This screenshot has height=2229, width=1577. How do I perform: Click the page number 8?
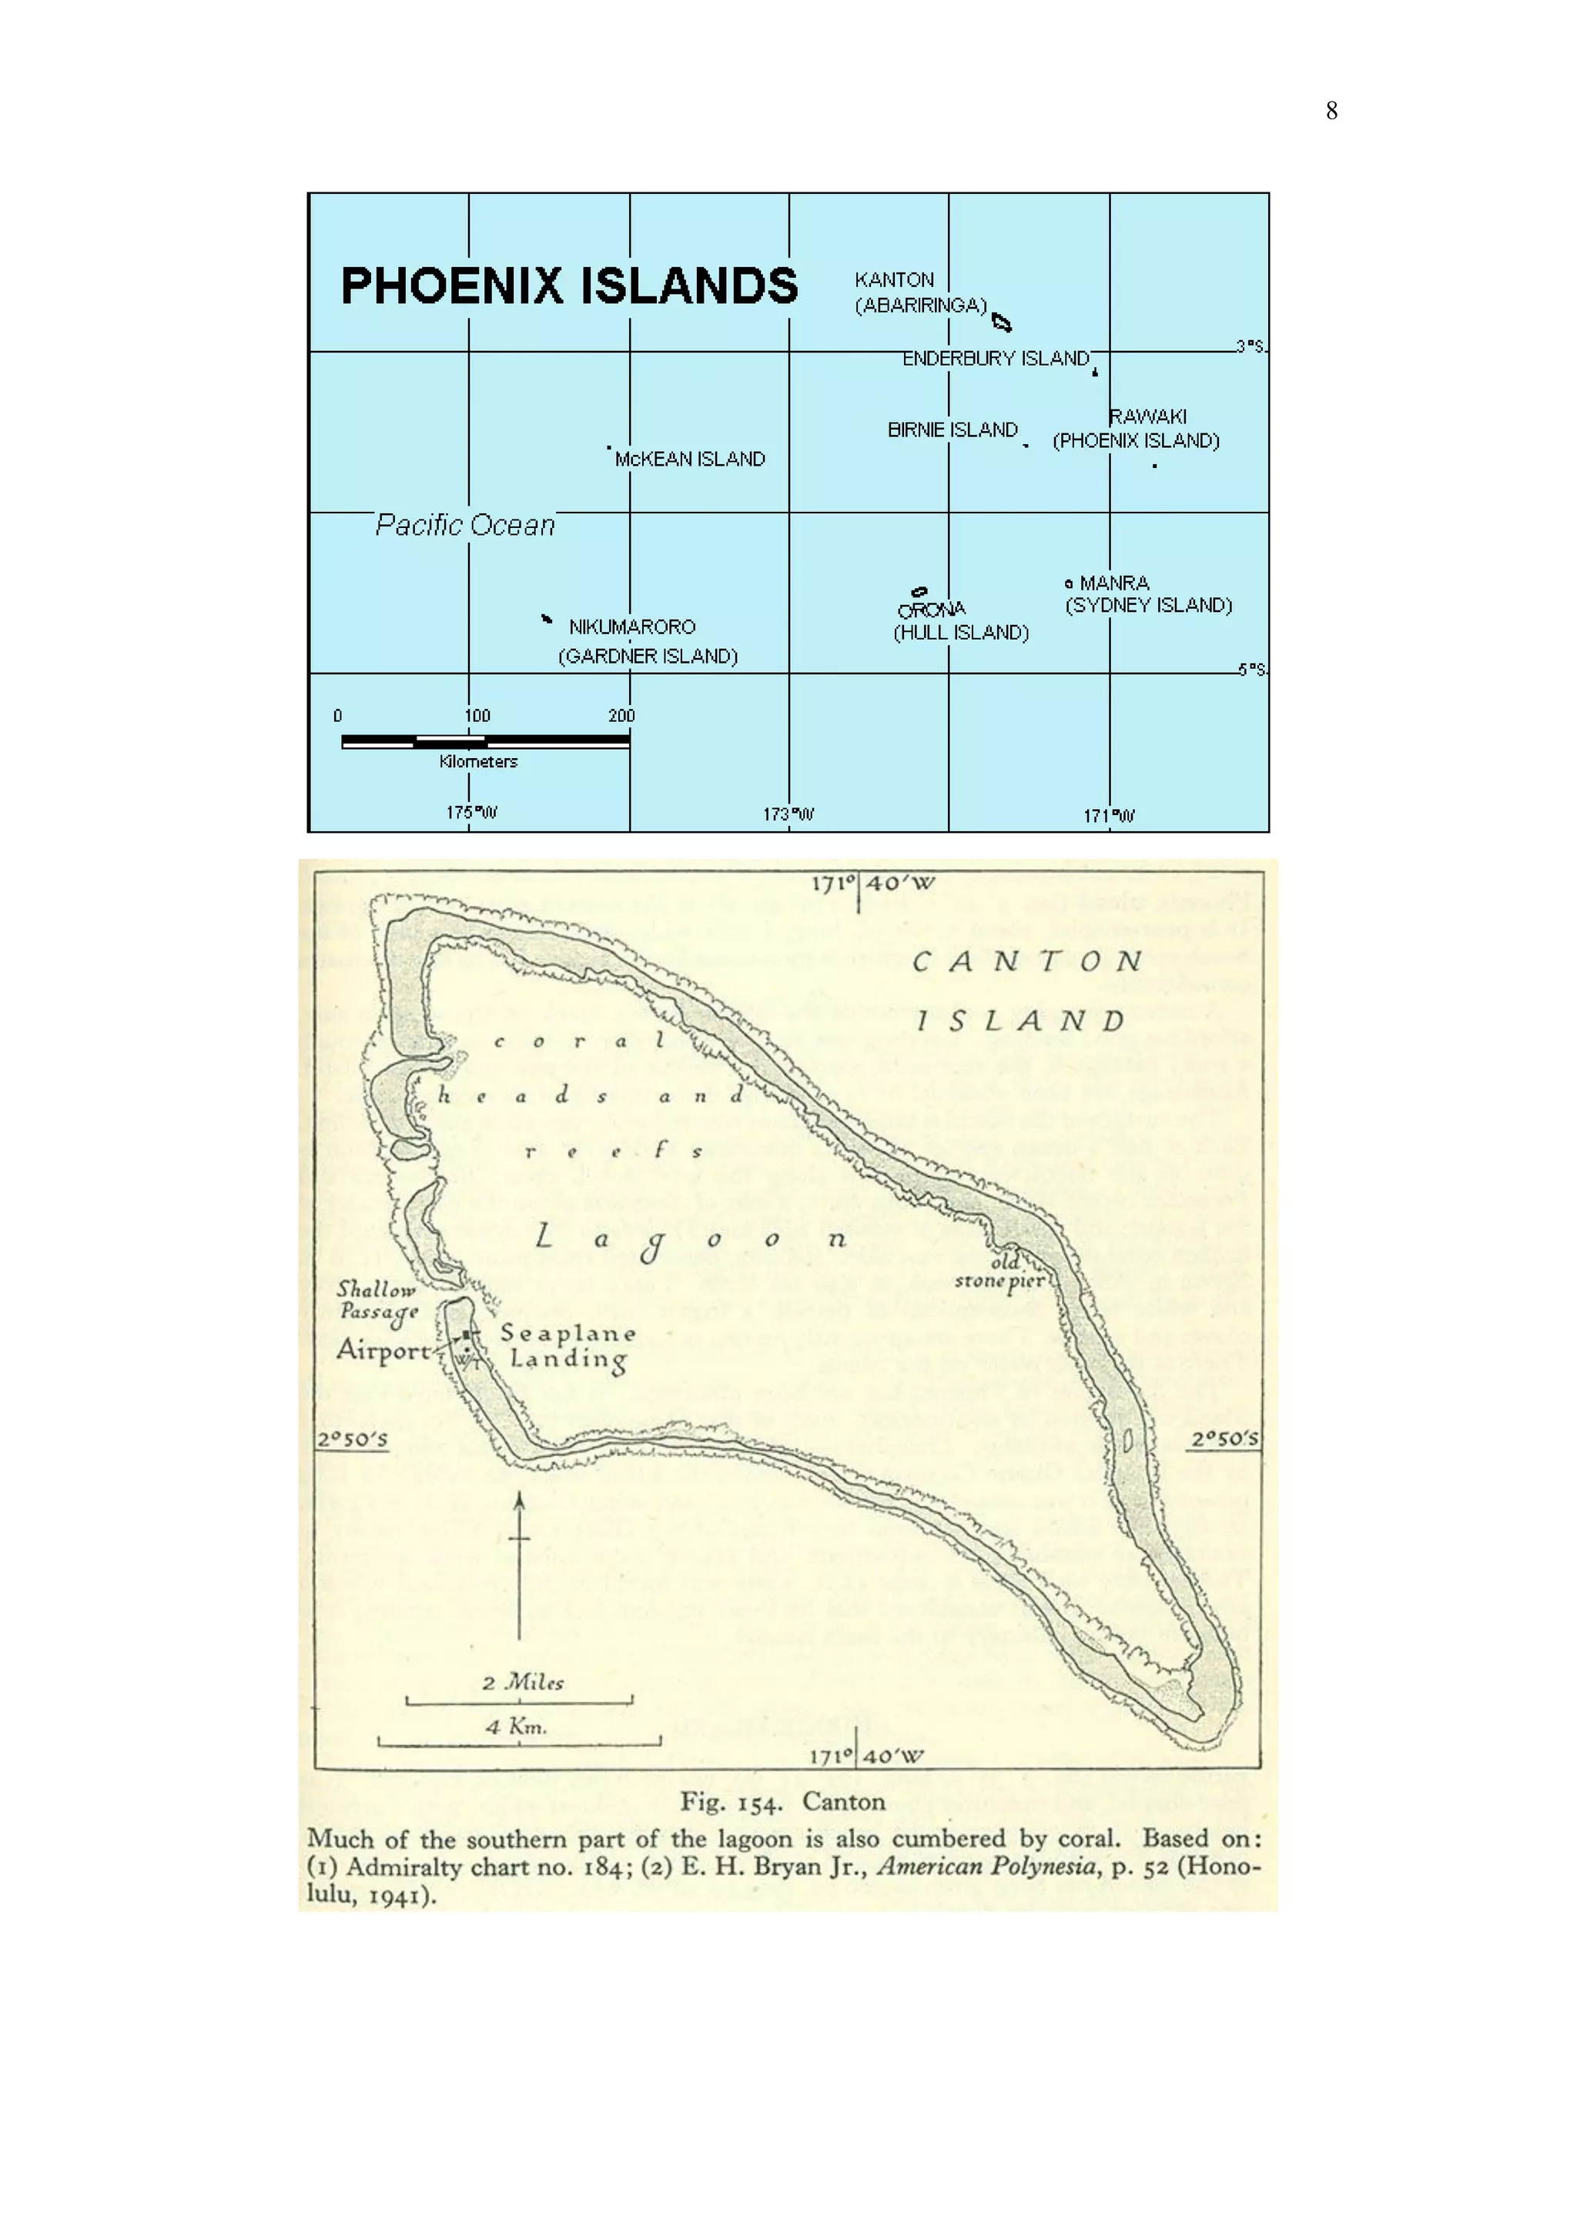coord(1331,111)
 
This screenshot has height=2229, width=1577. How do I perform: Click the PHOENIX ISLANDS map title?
coord(569,286)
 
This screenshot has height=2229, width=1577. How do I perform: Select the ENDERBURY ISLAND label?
coord(996,359)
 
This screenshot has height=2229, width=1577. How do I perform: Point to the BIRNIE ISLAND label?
coord(953,430)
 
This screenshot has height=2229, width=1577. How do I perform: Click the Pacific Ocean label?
coord(465,525)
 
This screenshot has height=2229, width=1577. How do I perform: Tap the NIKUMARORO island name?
coord(632,627)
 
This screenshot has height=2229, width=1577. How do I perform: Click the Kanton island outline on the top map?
coord(1001,322)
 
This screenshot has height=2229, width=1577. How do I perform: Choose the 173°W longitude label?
coord(788,814)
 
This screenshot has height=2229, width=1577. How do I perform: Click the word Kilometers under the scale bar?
coord(477,762)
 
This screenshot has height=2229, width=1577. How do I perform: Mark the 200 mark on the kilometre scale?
coord(621,717)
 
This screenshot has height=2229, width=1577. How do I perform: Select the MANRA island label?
coord(1113,583)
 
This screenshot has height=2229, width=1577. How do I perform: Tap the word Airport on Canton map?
coord(383,1351)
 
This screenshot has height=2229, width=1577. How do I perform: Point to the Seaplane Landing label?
coord(568,1346)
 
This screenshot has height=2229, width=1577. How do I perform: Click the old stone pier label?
coord(1001,1272)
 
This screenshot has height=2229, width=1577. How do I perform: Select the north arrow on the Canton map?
coord(520,1564)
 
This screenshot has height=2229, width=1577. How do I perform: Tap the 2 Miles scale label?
coord(522,1683)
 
